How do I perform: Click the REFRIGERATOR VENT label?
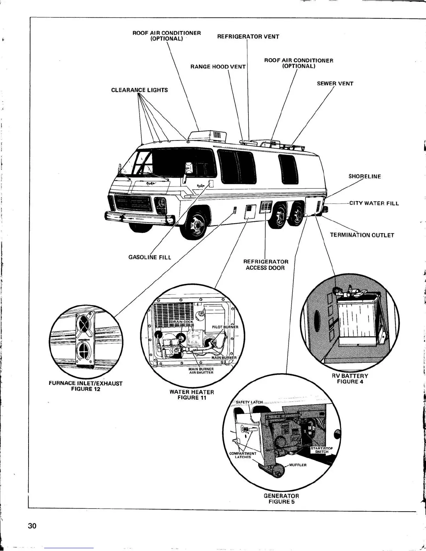click(x=248, y=37)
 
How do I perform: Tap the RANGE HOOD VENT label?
click(x=218, y=66)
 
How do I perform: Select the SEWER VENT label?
click(x=335, y=83)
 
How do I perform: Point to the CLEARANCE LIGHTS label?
click(x=139, y=90)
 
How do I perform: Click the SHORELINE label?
click(x=365, y=176)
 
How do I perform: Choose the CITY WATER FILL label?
click(x=374, y=203)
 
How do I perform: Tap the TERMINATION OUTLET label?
click(x=362, y=235)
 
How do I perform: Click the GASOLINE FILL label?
click(x=150, y=257)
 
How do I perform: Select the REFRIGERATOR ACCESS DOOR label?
click(x=266, y=265)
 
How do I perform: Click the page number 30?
click(x=32, y=526)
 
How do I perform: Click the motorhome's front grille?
click(x=133, y=203)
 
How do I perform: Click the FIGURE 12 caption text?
click(x=86, y=389)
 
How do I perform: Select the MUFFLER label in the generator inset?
click(x=298, y=465)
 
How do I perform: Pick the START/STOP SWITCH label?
click(x=322, y=450)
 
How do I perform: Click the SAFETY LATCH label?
click(x=249, y=402)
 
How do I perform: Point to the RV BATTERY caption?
click(x=350, y=376)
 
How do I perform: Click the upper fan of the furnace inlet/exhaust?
click(x=84, y=324)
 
